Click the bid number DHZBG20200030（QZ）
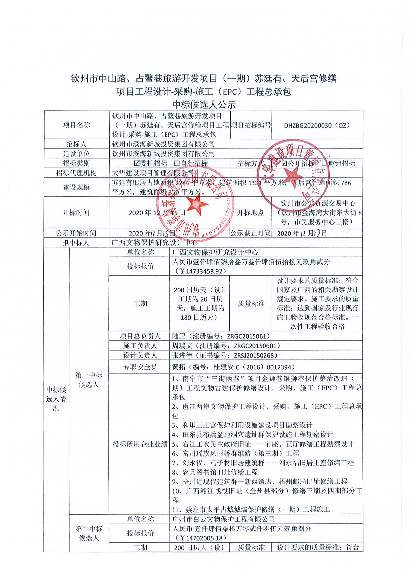[317, 125]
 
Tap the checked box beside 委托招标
[137, 163]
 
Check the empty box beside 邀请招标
[324, 163]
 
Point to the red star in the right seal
[294, 177]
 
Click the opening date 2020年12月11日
[157, 213]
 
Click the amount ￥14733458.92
[199, 271]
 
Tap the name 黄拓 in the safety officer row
[179, 367]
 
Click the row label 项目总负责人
[140, 336]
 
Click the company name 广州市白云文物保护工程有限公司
[223, 519]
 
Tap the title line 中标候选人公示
[204, 105]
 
